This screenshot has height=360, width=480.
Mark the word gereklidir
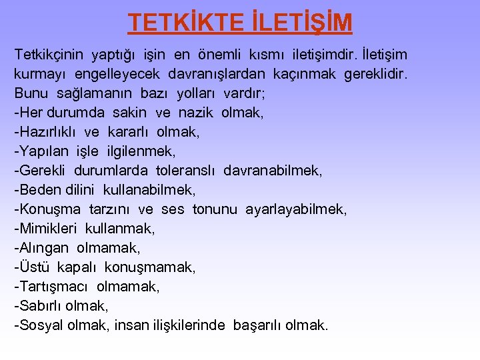pos(375,73)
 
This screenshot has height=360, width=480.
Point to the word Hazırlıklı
pos(47,131)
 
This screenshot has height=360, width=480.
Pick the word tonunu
pos(215,209)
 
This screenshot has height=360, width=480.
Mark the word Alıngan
pos(44,248)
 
